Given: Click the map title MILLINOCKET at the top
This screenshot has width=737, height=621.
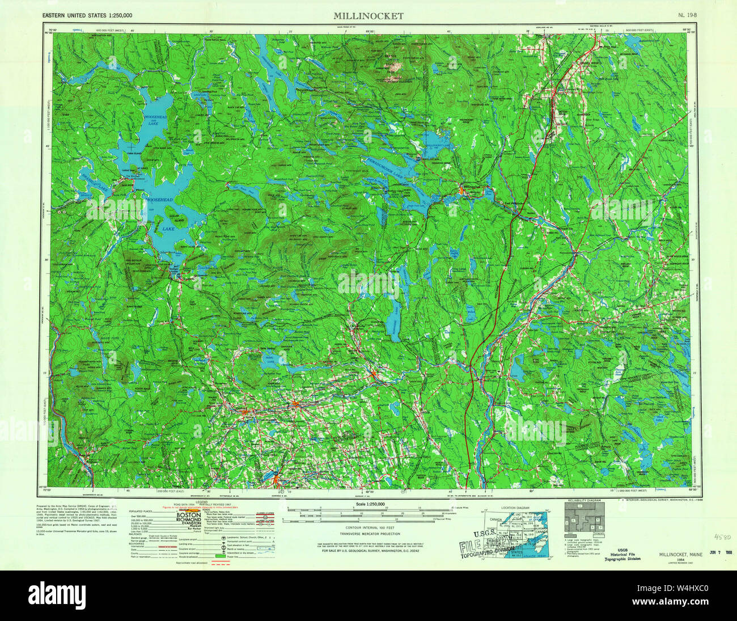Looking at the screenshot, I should [369, 16].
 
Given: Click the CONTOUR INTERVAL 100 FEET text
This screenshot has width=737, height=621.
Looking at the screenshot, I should [370, 527].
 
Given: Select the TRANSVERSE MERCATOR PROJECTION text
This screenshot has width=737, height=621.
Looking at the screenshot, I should [370, 534].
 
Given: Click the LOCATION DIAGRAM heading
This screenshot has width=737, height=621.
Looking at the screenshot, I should [515, 508].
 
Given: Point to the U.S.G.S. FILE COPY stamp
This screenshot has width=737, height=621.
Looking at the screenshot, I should [482, 547].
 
